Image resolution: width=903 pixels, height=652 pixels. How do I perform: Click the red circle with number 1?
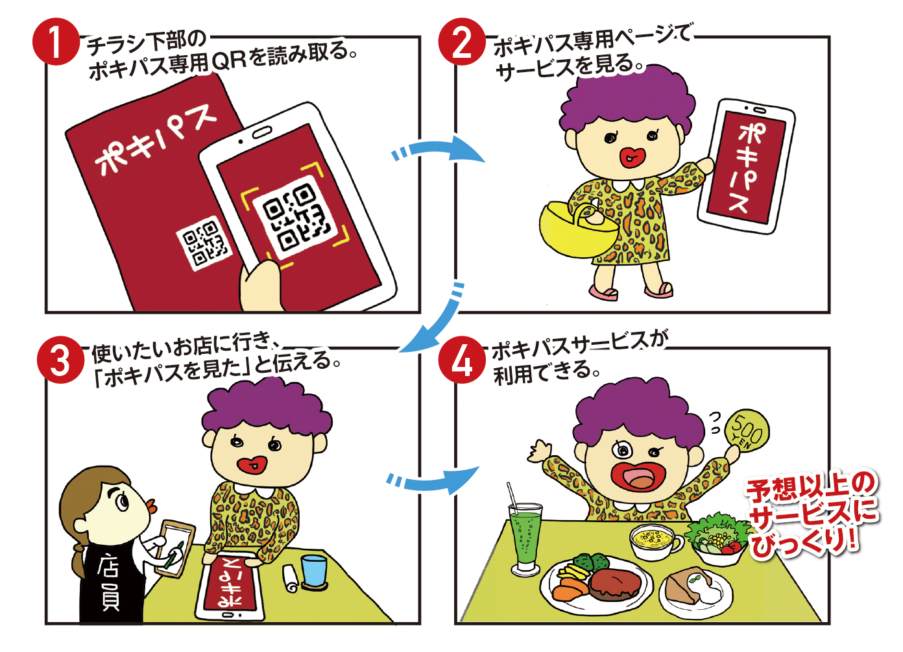click(x=56, y=42)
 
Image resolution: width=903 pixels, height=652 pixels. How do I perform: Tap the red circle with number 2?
click(x=463, y=42)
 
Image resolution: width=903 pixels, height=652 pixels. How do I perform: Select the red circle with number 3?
click(x=61, y=360)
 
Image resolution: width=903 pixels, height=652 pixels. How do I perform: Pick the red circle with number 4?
click(x=462, y=360)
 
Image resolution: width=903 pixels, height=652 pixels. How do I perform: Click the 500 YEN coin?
click(x=747, y=432)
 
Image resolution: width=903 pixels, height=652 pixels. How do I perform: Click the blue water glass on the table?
click(x=313, y=570)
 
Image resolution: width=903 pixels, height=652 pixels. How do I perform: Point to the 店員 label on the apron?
click(x=108, y=583)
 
